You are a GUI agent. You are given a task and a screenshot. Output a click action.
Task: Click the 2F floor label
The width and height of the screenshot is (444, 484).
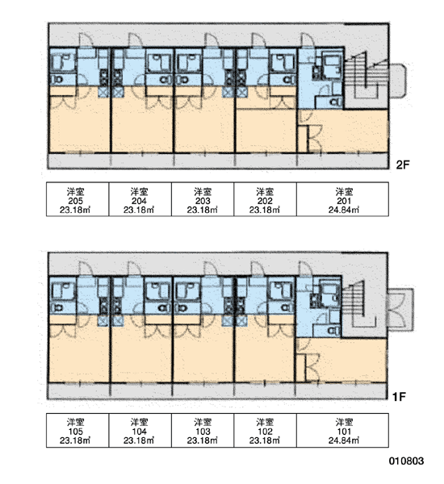click(x=403, y=165)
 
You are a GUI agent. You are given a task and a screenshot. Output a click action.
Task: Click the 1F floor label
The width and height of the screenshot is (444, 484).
click(x=399, y=396)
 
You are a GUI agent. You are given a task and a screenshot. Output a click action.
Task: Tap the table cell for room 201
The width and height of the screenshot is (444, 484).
click(x=342, y=199)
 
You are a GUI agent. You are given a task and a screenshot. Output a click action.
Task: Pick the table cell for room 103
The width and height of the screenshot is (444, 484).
click(x=203, y=430)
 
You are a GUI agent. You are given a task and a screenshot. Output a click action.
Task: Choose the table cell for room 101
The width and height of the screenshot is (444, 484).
click(x=342, y=430)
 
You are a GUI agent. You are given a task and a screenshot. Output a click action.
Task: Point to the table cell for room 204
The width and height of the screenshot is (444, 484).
click(x=140, y=199)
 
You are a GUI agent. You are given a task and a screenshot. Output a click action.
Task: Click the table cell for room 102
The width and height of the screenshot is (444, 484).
click(x=265, y=430)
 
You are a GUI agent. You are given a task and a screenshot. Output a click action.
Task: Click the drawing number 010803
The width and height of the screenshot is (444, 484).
click(x=406, y=461)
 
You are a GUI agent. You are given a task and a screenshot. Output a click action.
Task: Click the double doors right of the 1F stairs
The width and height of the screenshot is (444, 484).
click(x=400, y=310)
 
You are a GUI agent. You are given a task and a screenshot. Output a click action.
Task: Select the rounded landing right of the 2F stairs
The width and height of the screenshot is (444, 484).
click(x=398, y=81)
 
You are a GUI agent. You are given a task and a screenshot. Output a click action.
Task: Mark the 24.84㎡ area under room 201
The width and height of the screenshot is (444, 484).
click(x=344, y=210)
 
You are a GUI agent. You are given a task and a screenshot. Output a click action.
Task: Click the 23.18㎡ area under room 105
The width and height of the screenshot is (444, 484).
click(x=75, y=440)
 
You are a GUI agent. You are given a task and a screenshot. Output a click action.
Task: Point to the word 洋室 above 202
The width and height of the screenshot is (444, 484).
click(x=265, y=192)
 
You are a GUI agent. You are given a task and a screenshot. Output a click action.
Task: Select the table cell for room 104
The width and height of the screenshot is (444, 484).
click(x=140, y=430)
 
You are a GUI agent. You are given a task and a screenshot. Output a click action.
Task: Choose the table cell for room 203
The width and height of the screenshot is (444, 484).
click(x=203, y=199)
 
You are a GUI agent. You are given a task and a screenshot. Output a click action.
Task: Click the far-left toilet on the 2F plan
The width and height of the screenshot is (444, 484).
click(x=57, y=80)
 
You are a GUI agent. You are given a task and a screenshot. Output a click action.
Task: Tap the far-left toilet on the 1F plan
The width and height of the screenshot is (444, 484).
click(x=57, y=308)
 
